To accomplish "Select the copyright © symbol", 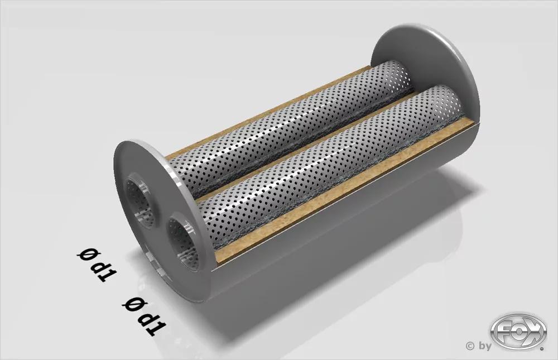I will tap(470, 346).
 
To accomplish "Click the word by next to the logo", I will tap(484, 347).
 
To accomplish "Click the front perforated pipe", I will tap(329, 162).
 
